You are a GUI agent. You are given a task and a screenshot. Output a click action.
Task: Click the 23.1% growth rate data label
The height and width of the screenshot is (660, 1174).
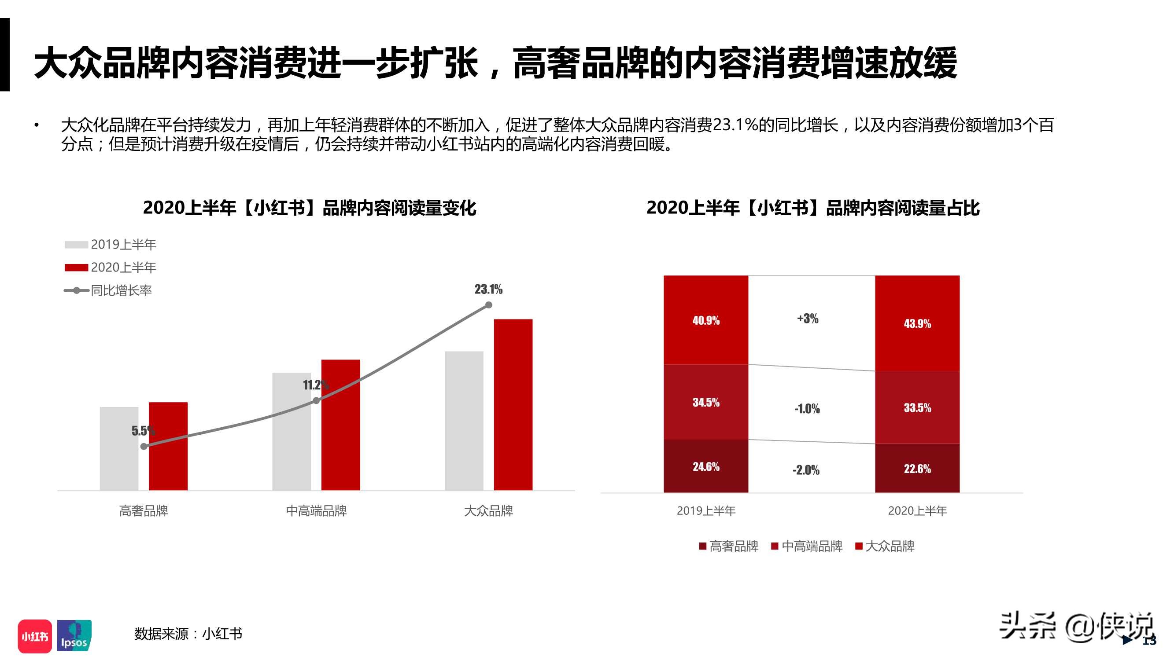coord(488,289)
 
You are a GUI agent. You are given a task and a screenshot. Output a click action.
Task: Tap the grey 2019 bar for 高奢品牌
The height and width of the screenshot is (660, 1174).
coord(119,449)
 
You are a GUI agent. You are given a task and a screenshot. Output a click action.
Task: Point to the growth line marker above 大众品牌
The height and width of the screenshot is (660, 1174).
coord(488,305)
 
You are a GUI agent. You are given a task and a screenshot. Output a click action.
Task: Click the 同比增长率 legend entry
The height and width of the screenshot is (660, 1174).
coord(108,290)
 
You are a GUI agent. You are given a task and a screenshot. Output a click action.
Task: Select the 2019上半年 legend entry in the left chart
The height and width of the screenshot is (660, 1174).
coord(111,245)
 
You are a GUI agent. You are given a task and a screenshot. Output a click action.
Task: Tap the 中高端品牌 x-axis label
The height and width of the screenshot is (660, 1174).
coord(316,510)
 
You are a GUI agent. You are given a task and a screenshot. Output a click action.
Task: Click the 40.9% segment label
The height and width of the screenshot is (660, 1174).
coord(705,320)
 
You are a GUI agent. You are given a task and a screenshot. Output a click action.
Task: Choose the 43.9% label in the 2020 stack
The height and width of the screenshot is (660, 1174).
coord(917,323)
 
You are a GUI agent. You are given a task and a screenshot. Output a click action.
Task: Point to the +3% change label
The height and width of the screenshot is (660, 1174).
coord(808,319)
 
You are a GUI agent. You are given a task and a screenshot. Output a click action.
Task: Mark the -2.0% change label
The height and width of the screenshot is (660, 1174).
coord(806,469)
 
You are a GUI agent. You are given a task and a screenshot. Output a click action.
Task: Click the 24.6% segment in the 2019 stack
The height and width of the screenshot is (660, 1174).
coord(705,466)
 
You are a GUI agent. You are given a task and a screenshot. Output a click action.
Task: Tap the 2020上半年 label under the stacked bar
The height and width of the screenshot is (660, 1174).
coord(917,510)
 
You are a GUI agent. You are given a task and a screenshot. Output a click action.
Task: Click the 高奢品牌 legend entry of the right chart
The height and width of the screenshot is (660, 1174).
coord(729,546)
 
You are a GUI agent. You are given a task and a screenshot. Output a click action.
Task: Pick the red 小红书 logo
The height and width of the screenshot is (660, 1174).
coord(35,636)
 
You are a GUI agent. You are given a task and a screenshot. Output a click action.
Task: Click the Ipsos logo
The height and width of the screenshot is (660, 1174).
coord(74,636)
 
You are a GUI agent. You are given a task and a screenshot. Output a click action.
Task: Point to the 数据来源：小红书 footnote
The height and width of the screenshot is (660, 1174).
coord(188,634)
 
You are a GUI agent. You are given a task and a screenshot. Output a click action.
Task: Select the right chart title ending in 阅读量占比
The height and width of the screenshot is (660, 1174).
coord(812,208)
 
